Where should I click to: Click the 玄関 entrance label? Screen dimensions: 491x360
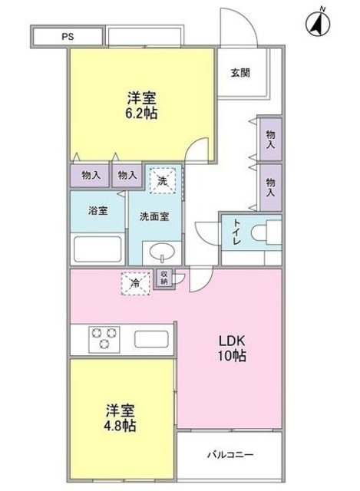(239, 74)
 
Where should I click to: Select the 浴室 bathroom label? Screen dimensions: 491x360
(97, 208)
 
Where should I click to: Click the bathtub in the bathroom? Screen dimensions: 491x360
(97, 249)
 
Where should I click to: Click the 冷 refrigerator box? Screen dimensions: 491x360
(134, 282)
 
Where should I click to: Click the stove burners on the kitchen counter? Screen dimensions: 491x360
(104, 338)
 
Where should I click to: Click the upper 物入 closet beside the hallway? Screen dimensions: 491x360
(270, 139)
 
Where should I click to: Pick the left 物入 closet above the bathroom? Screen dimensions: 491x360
(91, 176)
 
